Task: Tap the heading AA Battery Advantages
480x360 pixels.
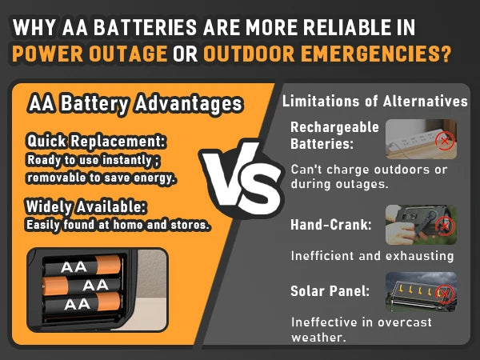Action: coord(134,105)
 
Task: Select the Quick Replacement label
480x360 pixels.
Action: coord(96,142)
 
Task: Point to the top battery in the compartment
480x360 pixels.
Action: coord(82,266)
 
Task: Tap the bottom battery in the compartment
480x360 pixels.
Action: coord(82,303)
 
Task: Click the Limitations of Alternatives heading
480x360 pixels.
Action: coord(374,102)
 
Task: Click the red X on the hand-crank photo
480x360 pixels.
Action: coord(445,227)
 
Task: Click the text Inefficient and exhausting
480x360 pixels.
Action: coord(372,256)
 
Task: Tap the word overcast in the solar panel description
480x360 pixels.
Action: coord(406,322)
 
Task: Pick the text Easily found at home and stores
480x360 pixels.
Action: coord(118,225)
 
